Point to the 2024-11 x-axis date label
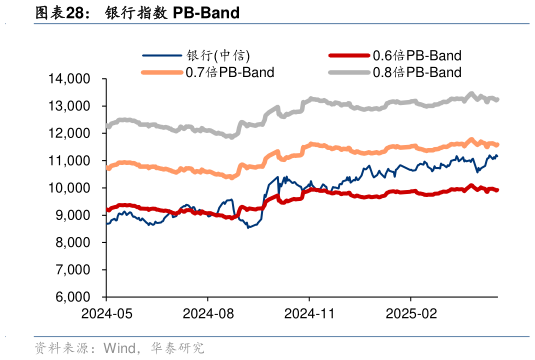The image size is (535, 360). coord(310,312)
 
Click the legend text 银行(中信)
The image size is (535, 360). coord(221,56)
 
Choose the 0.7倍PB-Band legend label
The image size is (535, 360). coord(230,72)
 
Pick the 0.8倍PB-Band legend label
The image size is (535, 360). coord(416,72)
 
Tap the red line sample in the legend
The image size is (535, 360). coord(349,56)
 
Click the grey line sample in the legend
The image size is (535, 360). coord(349,72)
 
